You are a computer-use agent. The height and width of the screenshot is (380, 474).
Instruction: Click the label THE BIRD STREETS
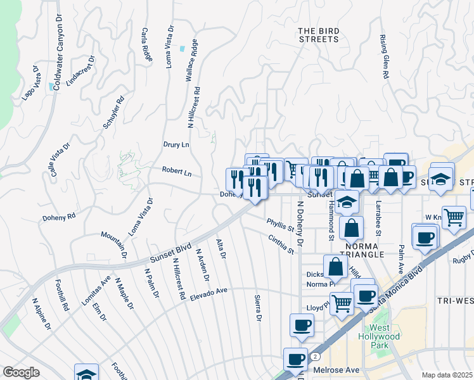click(318, 35)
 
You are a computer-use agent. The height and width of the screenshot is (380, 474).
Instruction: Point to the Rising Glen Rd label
click(385, 57)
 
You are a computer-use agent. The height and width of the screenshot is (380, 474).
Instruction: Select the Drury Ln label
click(176, 145)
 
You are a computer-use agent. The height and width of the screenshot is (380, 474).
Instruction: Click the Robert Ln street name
click(176, 171)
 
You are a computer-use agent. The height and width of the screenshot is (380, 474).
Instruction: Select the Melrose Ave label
click(336, 370)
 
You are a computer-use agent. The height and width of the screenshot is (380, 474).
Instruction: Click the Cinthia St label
click(281, 244)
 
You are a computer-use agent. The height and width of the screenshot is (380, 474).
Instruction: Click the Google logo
click(21, 372)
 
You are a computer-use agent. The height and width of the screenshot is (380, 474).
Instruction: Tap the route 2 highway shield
click(315, 357)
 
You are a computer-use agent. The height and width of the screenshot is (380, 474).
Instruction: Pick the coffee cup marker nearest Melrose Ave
click(295, 359)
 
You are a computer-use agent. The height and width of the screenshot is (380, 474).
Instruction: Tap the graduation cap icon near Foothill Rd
click(86, 374)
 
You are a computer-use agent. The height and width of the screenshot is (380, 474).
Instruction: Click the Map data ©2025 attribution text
click(447, 375)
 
